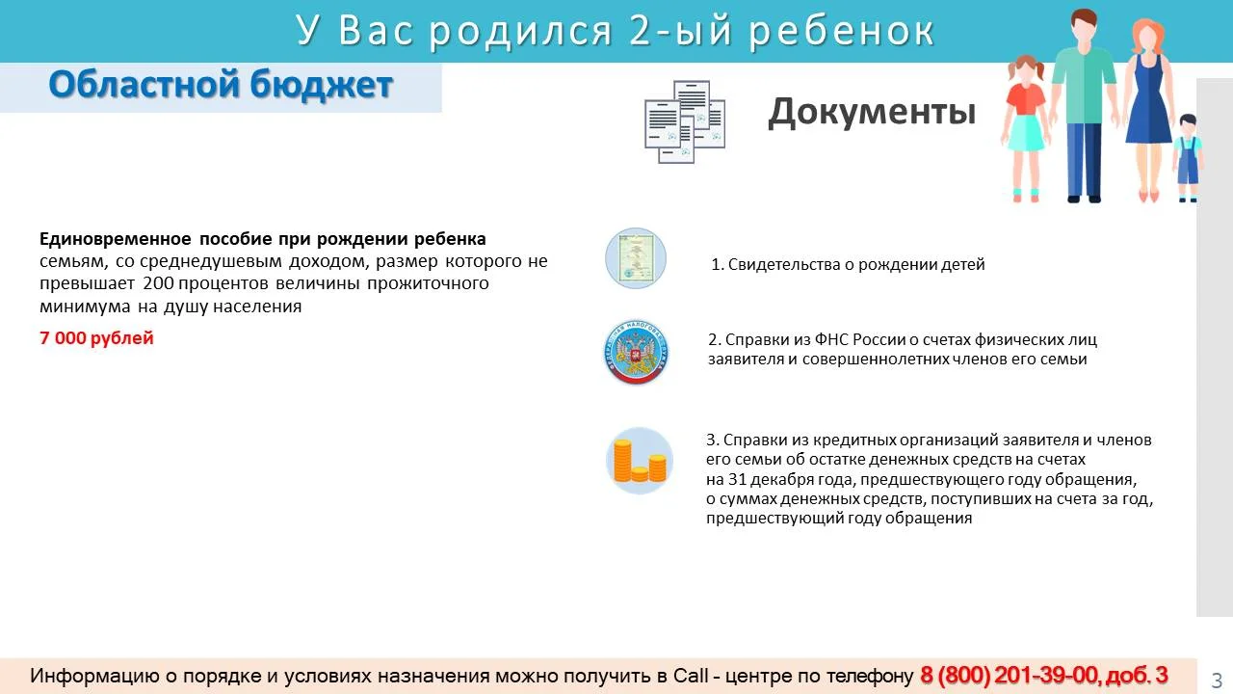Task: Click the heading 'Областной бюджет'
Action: click(221, 86)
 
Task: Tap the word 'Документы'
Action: click(872, 113)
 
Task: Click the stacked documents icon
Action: click(685, 121)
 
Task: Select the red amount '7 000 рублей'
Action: click(96, 338)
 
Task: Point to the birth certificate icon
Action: click(636, 258)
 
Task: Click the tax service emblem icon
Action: click(636, 352)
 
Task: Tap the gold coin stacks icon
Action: click(639, 461)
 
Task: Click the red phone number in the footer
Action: click(1043, 676)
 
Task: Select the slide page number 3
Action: click(1217, 680)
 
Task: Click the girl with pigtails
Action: click(1026, 129)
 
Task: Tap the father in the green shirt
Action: click(1084, 105)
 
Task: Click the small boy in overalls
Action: click(1188, 158)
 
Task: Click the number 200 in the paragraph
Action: click(159, 283)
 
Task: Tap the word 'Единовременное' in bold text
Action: click(116, 239)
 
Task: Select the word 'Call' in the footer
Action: click(691, 676)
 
